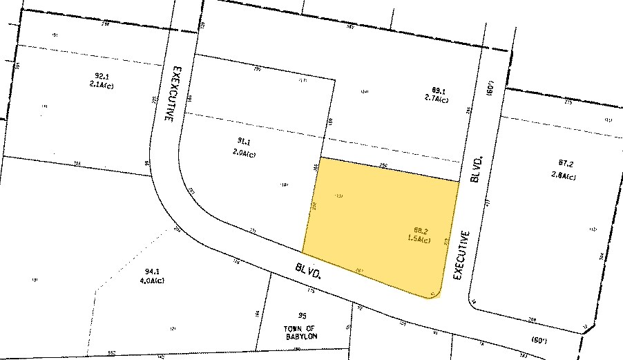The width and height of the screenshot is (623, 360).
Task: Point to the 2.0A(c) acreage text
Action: [244, 155]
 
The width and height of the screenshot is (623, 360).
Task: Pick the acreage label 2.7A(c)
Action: [437, 100]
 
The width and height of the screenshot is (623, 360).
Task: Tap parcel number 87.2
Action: [566, 164]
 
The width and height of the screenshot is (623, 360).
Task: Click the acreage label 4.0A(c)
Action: [151, 281]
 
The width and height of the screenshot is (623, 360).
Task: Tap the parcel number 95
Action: [301, 316]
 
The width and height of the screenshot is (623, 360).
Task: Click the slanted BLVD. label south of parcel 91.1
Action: [307, 270]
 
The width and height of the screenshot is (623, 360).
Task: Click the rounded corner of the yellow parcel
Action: [434, 292]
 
